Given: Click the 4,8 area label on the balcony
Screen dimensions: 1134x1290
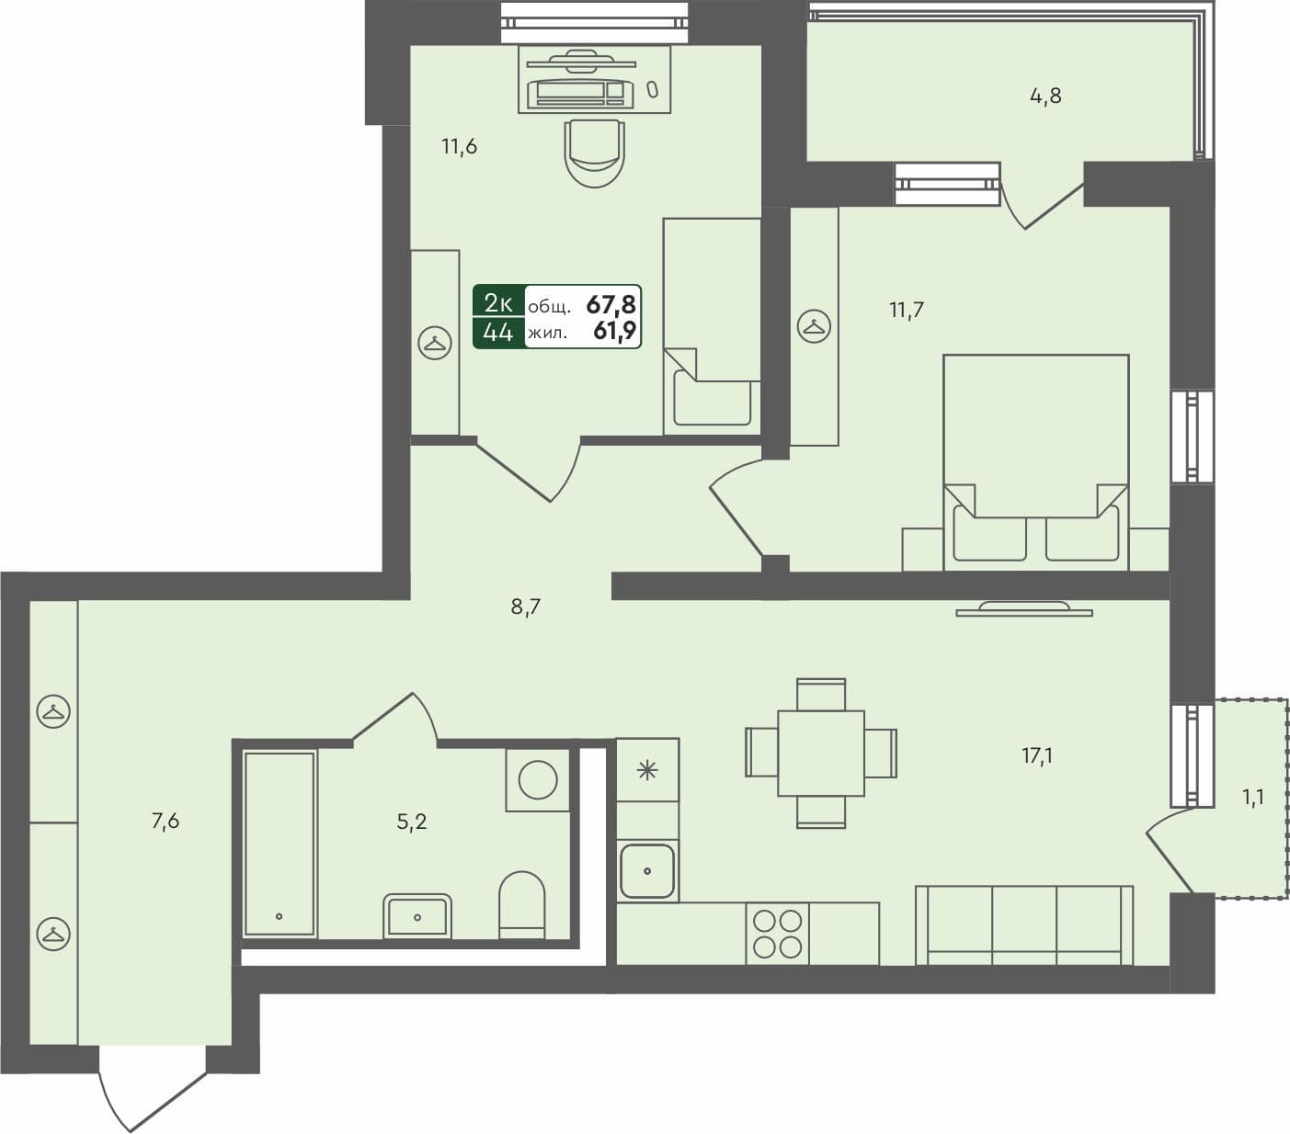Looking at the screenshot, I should (x=1045, y=96).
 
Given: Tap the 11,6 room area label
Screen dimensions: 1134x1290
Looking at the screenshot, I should (x=459, y=146).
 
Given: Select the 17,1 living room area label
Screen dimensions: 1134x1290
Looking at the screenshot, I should (x=1037, y=756).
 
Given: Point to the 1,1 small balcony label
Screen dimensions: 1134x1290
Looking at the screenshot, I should (x=1253, y=798).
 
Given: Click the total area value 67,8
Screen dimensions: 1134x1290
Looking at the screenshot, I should (x=611, y=303).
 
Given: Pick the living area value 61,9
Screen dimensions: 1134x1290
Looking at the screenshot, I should (x=614, y=332).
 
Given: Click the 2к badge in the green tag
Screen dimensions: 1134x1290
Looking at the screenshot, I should (x=498, y=302).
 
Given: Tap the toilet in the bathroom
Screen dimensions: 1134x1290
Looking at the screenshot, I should (x=521, y=904).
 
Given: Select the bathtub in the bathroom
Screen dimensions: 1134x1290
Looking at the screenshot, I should (x=280, y=844).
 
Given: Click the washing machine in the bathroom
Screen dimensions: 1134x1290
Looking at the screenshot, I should (x=538, y=780).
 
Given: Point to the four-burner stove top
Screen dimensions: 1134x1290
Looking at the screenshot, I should (x=778, y=933).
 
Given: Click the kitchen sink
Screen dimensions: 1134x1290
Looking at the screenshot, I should (x=647, y=870).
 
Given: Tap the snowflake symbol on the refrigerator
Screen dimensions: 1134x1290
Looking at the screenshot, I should (x=647, y=770).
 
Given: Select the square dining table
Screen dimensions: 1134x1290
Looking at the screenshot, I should (x=820, y=754).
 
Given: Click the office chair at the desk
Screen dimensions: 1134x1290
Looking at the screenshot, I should (x=595, y=152).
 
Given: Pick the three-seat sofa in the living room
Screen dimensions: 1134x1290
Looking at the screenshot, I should (x=1024, y=924).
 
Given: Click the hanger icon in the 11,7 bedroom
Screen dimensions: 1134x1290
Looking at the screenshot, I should (x=814, y=326).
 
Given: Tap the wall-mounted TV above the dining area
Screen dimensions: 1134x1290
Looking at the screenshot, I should (x=1023, y=608).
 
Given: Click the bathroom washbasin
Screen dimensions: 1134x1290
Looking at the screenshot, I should (x=417, y=915).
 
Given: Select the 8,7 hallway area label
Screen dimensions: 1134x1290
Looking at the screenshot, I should (x=525, y=607).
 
